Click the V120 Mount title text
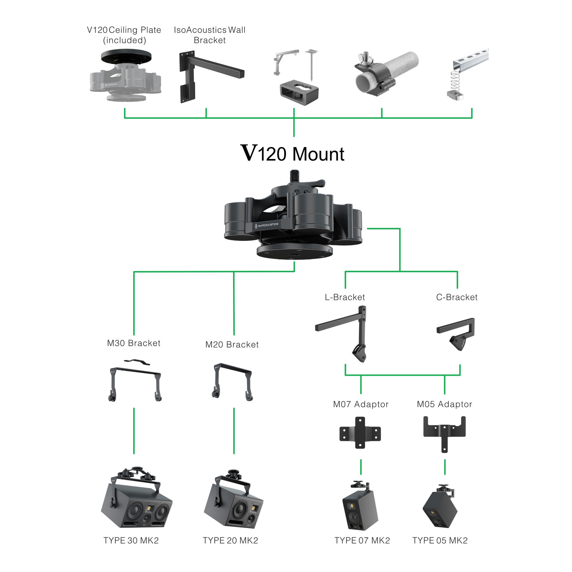click(x=292, y=154)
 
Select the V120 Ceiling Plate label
click(x=124, y=35)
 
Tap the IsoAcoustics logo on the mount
click(x=267, y=225)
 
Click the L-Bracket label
click(x=344, y=297)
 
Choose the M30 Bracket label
click(x=133, y=343)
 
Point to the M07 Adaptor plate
click(x=360, y=433)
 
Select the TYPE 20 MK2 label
click(x=230, y=541)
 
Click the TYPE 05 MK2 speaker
click(x=440, y=509)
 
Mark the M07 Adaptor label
click(x=361, y=404)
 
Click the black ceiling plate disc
click(x=126, y=56)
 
